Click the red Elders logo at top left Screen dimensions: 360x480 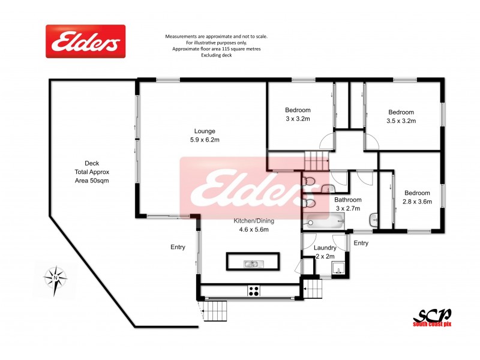[x=86, y=41]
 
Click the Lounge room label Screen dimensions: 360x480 [x=205, y=131]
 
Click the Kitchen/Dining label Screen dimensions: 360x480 [x=251, y=221]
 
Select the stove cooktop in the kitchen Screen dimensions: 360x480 [x=254, y=291]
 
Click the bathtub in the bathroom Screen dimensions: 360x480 [x=325, y=223]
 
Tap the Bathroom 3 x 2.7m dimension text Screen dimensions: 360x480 [x=349, y=208]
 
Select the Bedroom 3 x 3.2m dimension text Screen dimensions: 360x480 [x=298, y=119]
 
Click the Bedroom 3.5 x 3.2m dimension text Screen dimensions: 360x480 [x=401, y=121]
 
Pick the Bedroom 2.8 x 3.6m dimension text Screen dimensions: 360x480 [x=417, y=202]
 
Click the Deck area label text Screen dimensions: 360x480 [x=92, y=172]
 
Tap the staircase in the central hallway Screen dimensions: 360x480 [x=317, y=161]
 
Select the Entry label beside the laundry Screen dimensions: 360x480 [x=361, y=243]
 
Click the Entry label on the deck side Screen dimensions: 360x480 [x=178, y=247]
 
